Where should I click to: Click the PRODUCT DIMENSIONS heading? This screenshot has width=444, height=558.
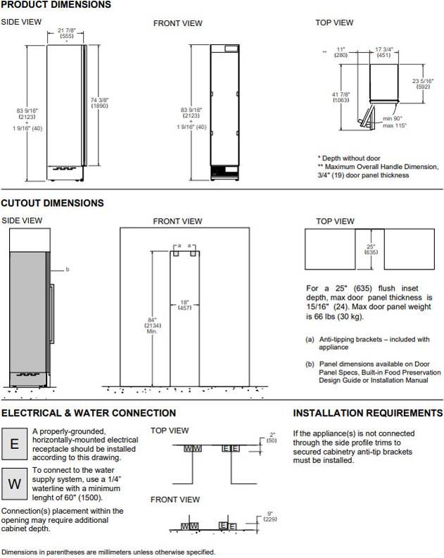coord(56,5)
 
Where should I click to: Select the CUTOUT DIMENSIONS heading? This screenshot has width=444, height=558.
coord(52,203)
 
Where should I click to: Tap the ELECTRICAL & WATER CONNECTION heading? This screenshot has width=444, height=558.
coord(89,413)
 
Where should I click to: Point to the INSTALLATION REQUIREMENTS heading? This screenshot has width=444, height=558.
coord(367,413)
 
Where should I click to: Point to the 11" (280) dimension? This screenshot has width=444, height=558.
coord(342,51)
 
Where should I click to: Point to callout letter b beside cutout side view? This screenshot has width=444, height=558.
coord(68,270)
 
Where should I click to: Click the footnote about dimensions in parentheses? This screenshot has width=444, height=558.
coord(109,552)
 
